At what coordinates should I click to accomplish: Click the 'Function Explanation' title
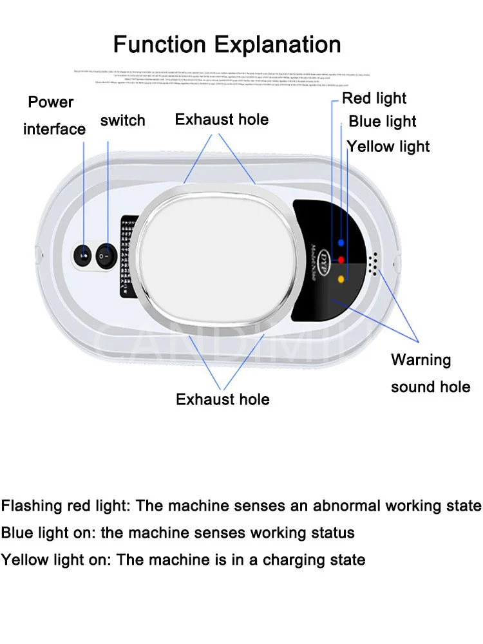[x=227, y=44]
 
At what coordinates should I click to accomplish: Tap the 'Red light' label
[x=374, y=98]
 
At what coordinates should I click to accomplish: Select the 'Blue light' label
[x=383, y=122]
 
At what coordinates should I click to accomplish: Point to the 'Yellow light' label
[x=389, y=146]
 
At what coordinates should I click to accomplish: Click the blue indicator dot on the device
[x=341, y=242]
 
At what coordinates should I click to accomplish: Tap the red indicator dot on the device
[x=341, y=260]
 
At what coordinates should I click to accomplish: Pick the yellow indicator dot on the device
[x=341, y=279]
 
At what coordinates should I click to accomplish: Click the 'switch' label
[x=122, y=120]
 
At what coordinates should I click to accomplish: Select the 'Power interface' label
[x=53, y=116]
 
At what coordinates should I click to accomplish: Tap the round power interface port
[x=83, y=256]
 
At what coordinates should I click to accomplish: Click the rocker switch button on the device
[x=106, y=257]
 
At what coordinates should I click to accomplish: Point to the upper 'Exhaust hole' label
[x=222, y=119]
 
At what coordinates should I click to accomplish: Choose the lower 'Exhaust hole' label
[x=222, y=399]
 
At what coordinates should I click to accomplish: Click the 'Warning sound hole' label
[x=430, y=373]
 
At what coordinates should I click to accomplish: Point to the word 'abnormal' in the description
[x=345, y=506]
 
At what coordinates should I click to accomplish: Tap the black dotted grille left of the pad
[x=129, y=258]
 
